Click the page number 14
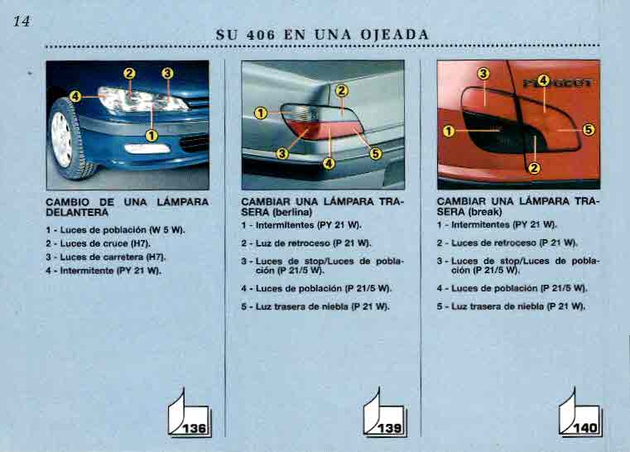[22, 21]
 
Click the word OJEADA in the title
[395, 35]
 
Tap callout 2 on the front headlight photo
[129, 74]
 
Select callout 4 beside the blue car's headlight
[75, 97]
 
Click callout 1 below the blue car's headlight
[151, 136]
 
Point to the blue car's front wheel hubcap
[61, 139]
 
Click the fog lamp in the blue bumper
[147, 149]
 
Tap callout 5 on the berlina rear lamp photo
[375, 153]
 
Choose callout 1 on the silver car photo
[261, 113]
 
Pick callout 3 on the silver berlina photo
[282, 153]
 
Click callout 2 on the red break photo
[534, 168]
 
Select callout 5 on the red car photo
[589, 130]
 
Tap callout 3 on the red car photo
[483, 74]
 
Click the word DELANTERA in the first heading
[77, 213]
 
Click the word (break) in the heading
[485, 211]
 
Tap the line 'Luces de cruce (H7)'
[98, 243]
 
